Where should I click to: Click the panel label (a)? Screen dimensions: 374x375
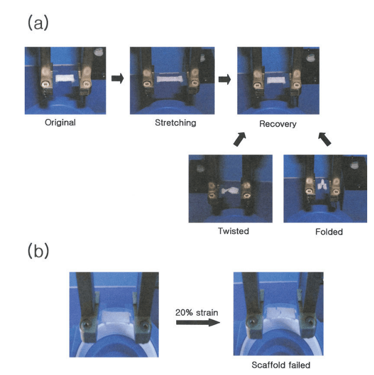click(x=38, y=23)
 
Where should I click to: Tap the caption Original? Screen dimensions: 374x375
click(x=60, y=122)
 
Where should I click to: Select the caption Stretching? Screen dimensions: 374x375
click(x=176, y=123)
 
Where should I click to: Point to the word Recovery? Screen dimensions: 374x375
click(x=278, y=124)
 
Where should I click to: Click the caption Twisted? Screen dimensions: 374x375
click(x=233, y=231)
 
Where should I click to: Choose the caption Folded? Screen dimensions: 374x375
click(x=329, y=232)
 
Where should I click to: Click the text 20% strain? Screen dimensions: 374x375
click(x=197, y=313)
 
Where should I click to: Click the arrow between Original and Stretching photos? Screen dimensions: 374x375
click(x=117, y=78)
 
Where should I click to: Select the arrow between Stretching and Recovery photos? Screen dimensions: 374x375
click(x=225, y=79)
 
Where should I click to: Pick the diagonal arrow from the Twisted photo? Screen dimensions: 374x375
click(x=240, y=139)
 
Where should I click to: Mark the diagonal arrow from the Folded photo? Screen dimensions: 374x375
click(x=325, y=139)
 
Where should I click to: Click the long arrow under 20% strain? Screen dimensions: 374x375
click(x=198, y=323)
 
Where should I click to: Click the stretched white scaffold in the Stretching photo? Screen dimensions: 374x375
click(x=170, y=79)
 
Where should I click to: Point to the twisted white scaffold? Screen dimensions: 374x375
click(x=230, y=190)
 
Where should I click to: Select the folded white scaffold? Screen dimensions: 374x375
click(x=323, y=185)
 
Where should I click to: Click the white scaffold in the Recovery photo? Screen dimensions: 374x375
click(x=276, y=80)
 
